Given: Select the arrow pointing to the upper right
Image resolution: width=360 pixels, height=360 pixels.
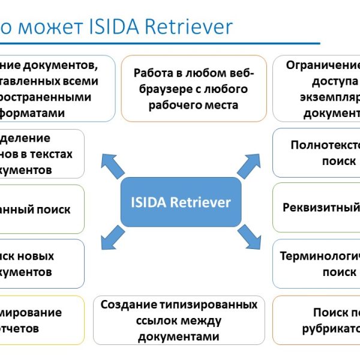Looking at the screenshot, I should pos(248,165).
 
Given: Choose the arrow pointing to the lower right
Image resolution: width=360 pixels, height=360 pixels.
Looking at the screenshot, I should pos(248,238).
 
